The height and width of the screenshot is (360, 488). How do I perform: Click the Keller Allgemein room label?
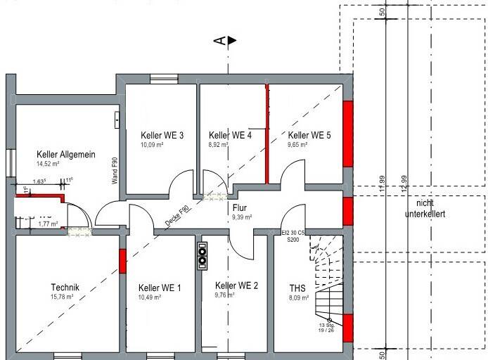(x=66, y=155)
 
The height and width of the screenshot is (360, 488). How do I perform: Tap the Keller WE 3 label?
(x=162, y=135)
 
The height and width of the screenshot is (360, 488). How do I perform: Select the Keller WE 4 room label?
(x=230, y=135)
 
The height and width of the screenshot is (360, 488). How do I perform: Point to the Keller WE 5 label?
(x=309, y=135)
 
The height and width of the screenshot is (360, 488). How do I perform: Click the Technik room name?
(x=65, y=287)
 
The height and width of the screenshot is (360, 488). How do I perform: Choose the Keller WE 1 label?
(x=160, y=288)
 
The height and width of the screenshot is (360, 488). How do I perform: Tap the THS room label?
(x=297, y=288)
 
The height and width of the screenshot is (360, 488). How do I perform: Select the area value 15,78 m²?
(x=63, y=297)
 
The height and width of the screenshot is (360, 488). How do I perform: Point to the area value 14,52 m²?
(x=48, y=164)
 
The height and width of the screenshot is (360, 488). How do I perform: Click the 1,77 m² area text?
(x=49, y=224)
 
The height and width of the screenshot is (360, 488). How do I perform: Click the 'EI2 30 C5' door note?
(x=293, y=233)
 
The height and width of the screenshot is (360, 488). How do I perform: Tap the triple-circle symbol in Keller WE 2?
(x=203, y=255)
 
